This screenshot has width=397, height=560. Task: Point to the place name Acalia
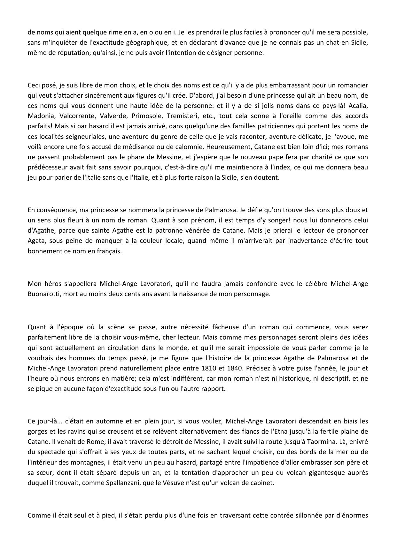tap(359, 105)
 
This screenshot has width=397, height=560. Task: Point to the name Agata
tap(36, 241)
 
